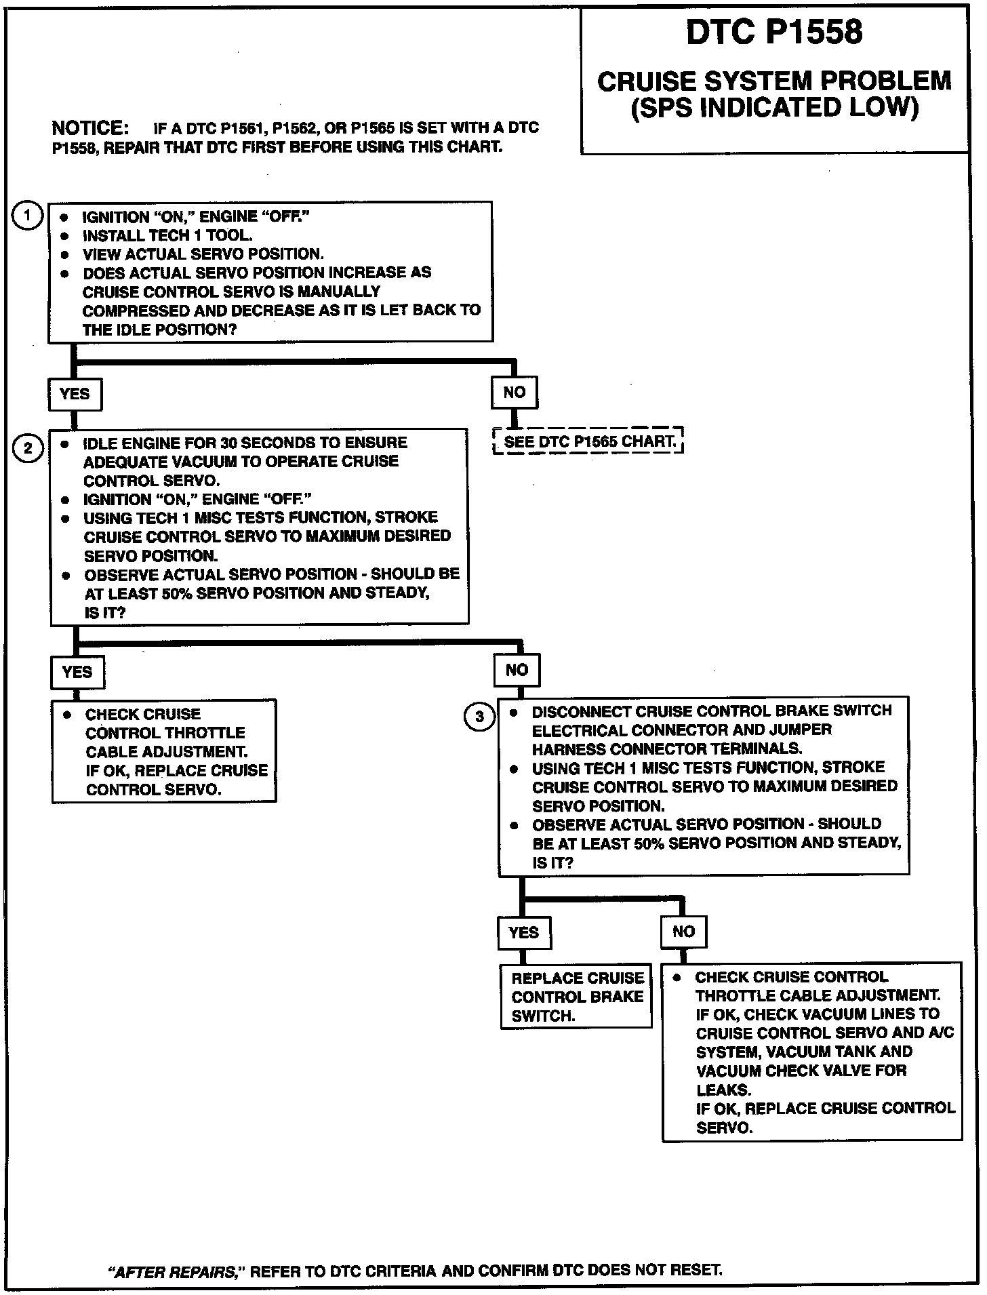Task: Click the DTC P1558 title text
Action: [774, 32]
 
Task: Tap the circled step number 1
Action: [28, 217]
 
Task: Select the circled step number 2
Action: [28, 449]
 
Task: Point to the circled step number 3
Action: [479, 717]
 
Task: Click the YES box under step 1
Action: [75, 394]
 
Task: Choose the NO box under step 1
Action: [515, 392]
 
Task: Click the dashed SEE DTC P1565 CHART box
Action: [588, 441]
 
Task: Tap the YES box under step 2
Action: [77, 672]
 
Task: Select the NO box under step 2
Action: [517, 670]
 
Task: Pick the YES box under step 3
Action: [523, 932]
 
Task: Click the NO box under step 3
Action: [683, 931]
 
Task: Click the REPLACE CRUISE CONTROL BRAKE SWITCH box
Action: [576, 996]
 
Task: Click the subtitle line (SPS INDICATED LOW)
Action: [774, 108]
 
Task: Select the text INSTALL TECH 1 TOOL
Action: [167, 236]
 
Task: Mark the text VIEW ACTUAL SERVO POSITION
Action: [203, 254]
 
